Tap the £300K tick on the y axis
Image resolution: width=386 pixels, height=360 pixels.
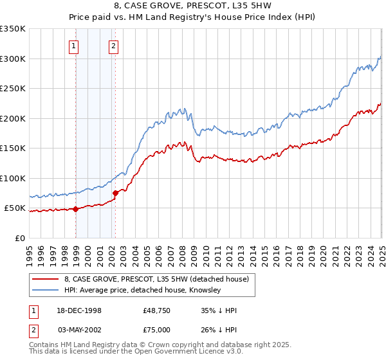point(12,59)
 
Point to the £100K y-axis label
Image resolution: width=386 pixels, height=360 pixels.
point(12,178)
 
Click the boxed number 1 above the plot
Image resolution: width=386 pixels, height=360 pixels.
point(74,46)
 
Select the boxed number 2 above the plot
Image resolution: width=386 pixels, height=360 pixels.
point(113,46)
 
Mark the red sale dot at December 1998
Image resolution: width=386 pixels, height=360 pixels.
point(76,208)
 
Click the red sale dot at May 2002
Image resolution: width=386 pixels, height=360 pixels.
point(115,193)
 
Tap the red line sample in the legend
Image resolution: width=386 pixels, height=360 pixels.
point(46,278)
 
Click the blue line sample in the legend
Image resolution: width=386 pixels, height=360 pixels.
point(46,290)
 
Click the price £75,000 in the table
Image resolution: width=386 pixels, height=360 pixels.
point(157,329)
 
